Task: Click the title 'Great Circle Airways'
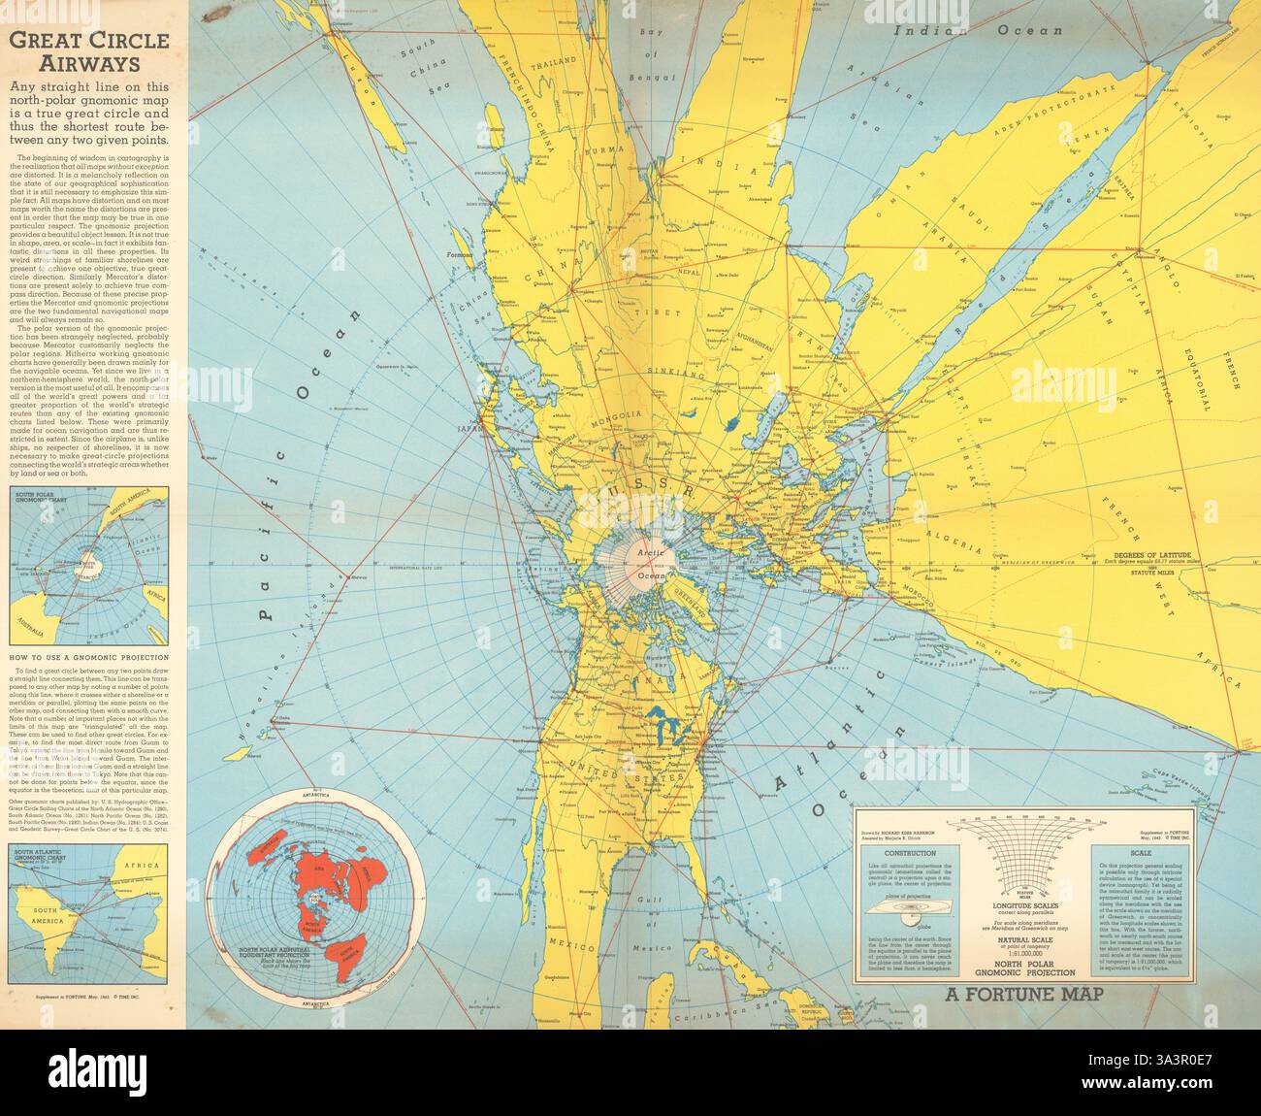88,52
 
